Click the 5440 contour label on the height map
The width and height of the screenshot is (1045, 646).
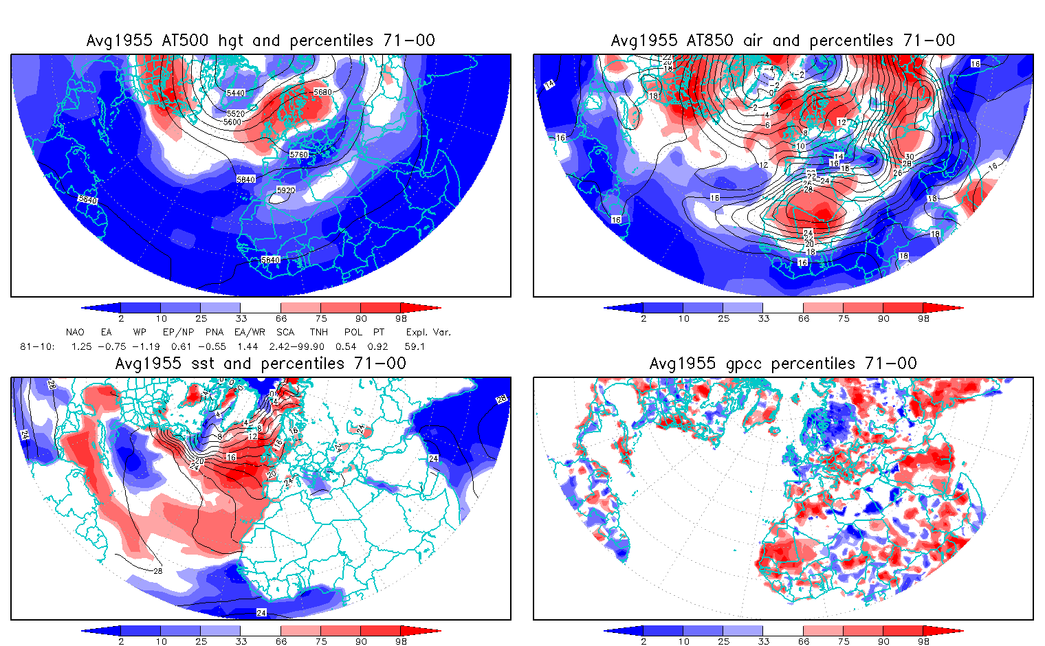point(235,93)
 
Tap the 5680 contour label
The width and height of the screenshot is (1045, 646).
point(322,92)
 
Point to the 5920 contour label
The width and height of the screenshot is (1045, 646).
point(285,190)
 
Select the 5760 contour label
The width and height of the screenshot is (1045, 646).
point(299,155)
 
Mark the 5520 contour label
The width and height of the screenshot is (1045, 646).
point(235,113)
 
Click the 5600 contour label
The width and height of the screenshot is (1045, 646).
point(232,122)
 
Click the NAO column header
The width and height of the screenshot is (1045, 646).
point(75,332)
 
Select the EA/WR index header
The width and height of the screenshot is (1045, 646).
point(250,332)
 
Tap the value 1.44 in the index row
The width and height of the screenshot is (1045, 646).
point(247,346)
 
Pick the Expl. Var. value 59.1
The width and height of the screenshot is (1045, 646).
point(415,346)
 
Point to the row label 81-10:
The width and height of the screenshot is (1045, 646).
point(37,346)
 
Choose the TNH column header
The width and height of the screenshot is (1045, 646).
point(318,332)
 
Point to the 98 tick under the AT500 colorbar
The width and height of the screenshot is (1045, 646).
point(401,319)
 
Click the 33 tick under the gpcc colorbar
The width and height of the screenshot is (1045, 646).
point(763,642)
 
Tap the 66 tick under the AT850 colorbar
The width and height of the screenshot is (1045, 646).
point(804,319)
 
